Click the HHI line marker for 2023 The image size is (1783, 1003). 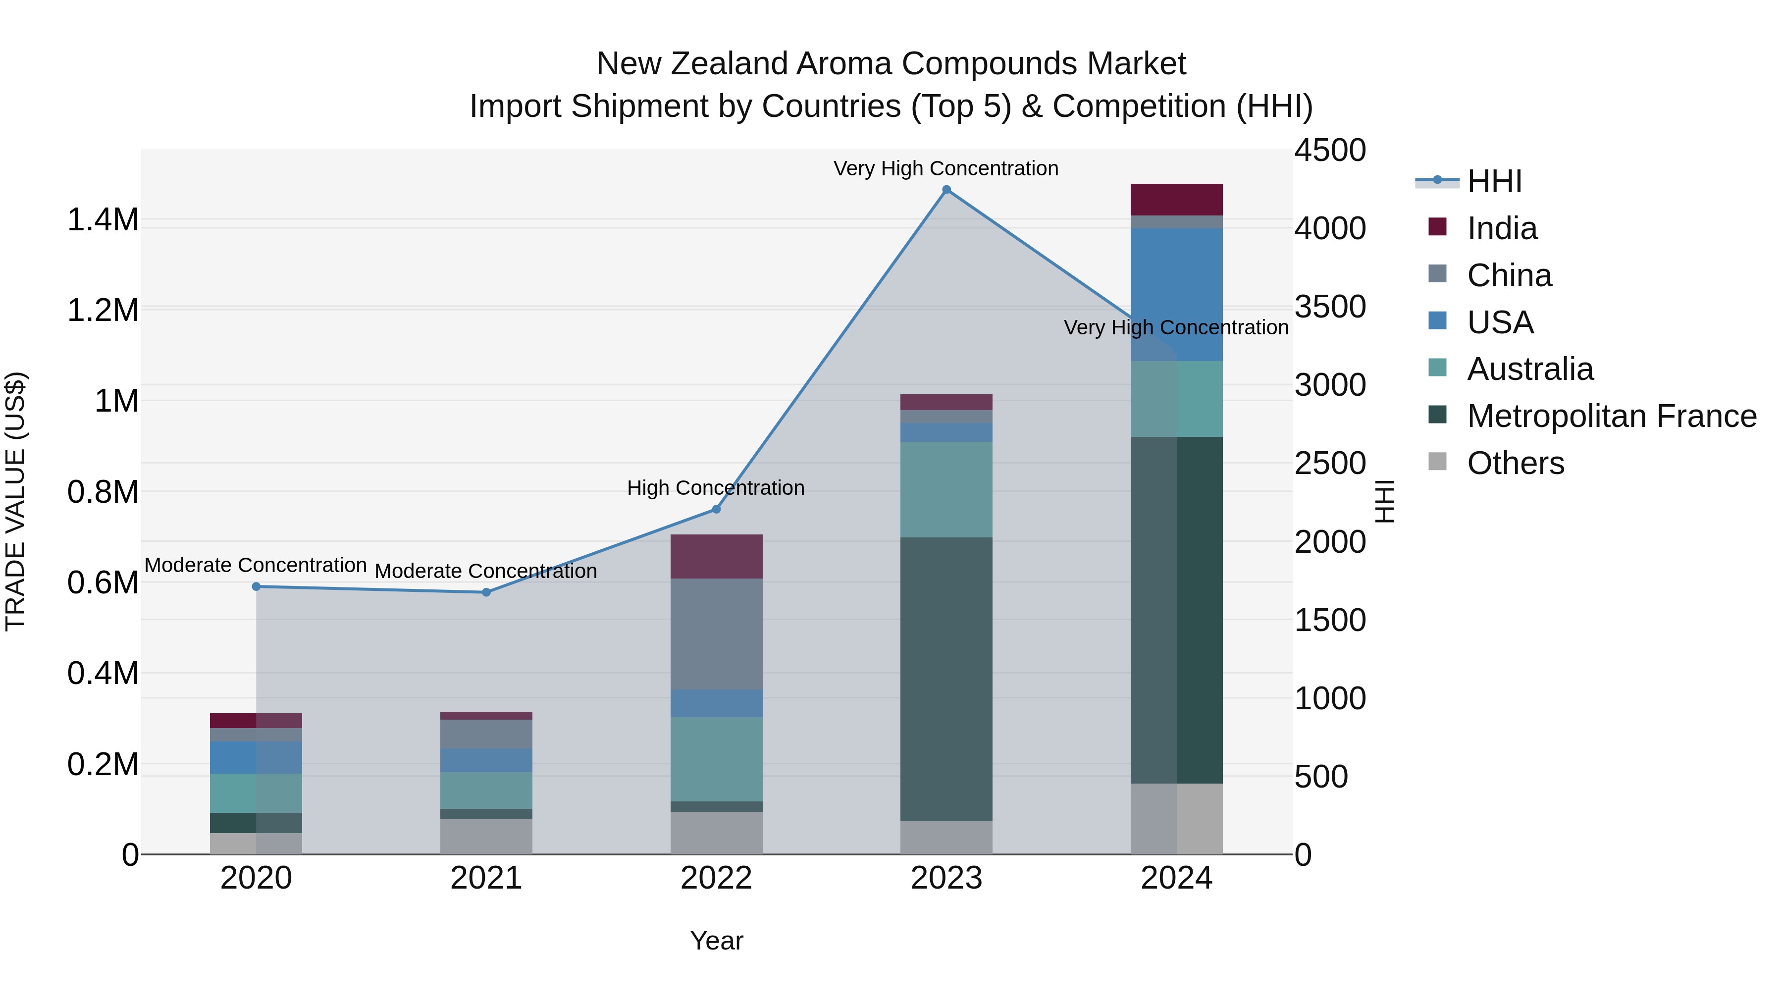[x=946, y=190]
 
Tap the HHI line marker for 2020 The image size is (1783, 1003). [x=256, y=586]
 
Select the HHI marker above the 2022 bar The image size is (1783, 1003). [x=716, y=510]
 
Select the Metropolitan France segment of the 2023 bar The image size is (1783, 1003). [x=946, y=679]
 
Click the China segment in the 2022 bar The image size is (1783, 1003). [x=716, y=633]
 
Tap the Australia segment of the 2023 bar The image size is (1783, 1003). [x=946, y=489]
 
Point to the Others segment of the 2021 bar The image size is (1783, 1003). [x=486, y=836]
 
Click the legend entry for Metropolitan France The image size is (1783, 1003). [x=1611, y=416]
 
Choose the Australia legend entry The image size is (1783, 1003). [x=1530, y=369]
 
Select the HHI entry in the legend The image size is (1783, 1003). [x=1494, y=181]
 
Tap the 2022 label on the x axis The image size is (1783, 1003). [x=716, y=878]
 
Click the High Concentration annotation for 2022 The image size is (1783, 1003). [x=716, y=488]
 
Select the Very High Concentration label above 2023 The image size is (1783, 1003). [x=945, y=168]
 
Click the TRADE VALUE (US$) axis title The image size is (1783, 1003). [x=15, y=501]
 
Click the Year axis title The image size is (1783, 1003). [x=716, y=941]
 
